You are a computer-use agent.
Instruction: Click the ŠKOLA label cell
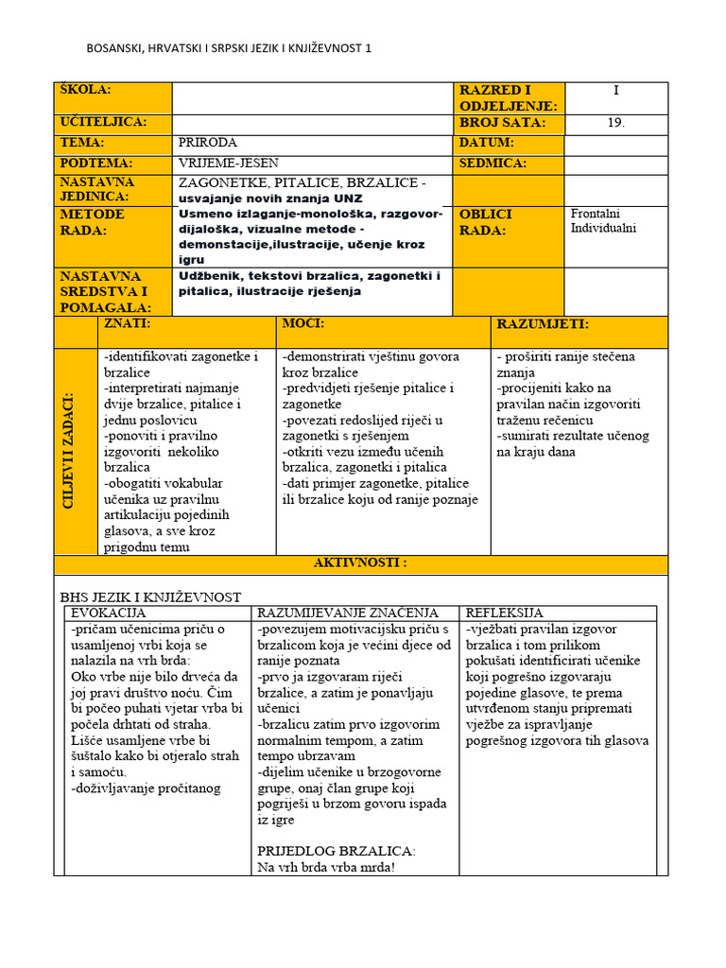click(85, 90)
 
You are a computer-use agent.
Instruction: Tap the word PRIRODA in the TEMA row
click(209, 143)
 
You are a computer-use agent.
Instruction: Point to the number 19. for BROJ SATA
click(616, 123)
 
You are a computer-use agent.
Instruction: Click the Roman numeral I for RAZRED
click(616, 91)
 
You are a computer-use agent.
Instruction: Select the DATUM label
click(487, 143)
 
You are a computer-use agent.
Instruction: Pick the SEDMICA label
click(493, 163)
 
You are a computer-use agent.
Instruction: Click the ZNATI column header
click(129, 324)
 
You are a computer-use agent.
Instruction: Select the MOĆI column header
click(303, 324)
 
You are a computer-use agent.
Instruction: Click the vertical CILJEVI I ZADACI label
click(69, 452)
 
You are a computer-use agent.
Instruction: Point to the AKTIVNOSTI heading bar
click(360, 563)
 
